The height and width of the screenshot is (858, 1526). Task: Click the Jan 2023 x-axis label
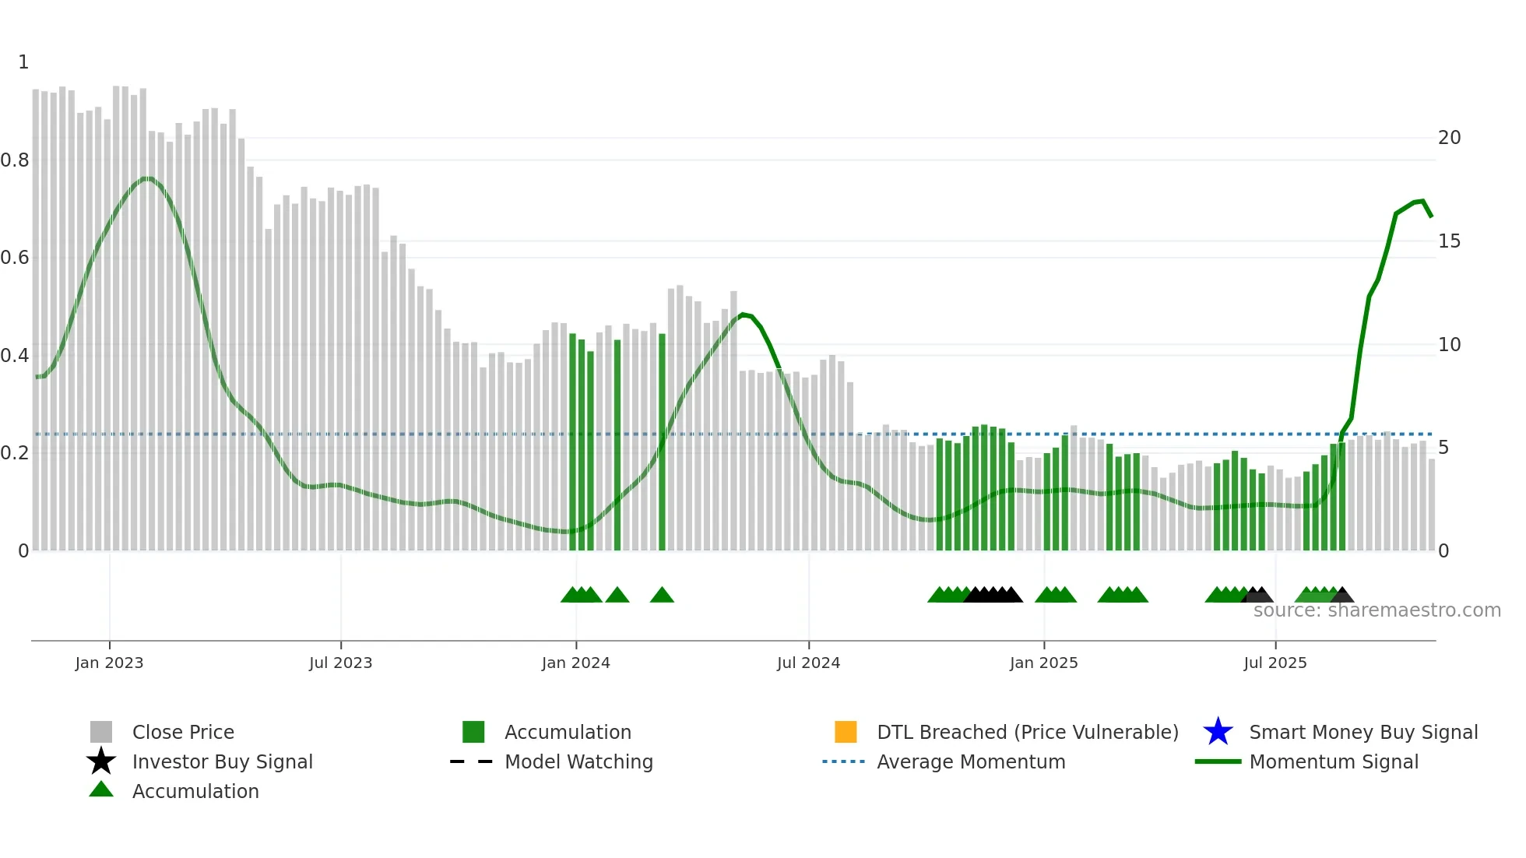pyautogui.click(x=109, y=663)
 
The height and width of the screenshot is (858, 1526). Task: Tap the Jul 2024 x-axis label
pyautogui.click(x=808, y=663)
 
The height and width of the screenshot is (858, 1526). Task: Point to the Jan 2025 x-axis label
pyautogui.click(x=1043, y=663)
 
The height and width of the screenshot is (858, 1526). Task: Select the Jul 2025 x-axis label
pyautogui.click(x=1275, y=663)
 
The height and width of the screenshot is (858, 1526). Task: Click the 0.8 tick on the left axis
pyautogui.click(x=15, y=160)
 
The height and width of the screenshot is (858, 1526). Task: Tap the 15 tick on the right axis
pyautogui.click(x=1449, y=241)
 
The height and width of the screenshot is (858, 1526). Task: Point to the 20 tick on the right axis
pyautogui.click(x=1449, y=138)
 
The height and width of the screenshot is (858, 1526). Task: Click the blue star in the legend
pyautogui.click(x=1218, y=732)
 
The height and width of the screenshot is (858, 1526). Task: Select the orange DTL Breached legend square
pyautogui.click(x=846, y=732)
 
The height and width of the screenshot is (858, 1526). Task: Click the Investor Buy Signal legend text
pyautogui.click(x=222, y=761)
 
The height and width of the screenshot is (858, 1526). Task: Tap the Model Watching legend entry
pyautogui.click(x=578, y=761)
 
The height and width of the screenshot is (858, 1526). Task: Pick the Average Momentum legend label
pyautogui.click(x=971, y=761)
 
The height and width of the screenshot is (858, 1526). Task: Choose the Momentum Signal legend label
pyautogui.click(x=1334, y=761)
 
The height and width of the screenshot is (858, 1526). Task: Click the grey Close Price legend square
pyautogui.click(x=101, y=732)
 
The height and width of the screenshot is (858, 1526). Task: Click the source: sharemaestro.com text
pyautogui.click(x=1377, y=610)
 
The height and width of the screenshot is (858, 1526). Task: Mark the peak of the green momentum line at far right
pyautogui.click(x=1422, y=201)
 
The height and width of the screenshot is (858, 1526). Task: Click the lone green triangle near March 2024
pyautogui.click(x=662, y=596)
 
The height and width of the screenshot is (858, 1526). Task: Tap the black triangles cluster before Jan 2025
pyautogui.click(x=993, y=596)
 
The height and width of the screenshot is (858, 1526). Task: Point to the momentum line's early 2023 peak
pyautogui.click(x=148, y=178)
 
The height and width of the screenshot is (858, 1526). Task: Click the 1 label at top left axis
pyautogui.click(x=23, y=62)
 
